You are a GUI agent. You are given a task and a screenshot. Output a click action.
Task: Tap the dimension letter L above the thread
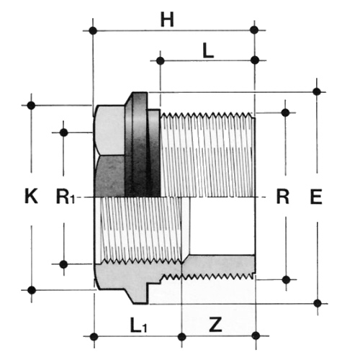(x=208, y=51)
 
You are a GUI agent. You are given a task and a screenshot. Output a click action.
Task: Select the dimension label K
(x=31, y=196)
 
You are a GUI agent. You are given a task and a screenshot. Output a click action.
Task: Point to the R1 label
(x=66, y=196)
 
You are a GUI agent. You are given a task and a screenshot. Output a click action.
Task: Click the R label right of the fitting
(x=283, y=196)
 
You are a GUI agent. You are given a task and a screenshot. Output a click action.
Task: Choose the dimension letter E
(x=316, y=197)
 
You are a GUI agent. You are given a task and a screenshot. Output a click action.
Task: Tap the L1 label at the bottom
(x=138, y=325)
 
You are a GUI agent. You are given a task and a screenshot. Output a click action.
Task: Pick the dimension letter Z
(x=215, y=325)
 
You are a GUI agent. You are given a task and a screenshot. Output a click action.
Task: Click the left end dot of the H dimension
(x=93, y=30)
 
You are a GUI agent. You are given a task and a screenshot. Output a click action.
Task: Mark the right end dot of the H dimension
(x=254, y=30)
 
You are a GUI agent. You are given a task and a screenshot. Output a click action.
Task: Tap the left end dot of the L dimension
(x=161, y=60)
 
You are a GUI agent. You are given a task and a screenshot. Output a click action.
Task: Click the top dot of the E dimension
(x=317, y=91)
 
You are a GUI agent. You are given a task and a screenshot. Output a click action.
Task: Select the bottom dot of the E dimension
(x=318, y=303)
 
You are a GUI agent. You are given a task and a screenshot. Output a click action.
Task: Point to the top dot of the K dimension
(x=31, y=105)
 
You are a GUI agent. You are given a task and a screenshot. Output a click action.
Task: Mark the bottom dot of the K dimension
(x=32, y=290)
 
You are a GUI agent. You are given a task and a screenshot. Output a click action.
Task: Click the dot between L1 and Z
(x=182, y=336)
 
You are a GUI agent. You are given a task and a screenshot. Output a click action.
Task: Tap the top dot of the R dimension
(x=285, y=112)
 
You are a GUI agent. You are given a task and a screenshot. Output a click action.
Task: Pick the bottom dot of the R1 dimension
(x=63, y=264)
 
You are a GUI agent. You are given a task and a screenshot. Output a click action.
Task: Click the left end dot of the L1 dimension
(x=94, y=336)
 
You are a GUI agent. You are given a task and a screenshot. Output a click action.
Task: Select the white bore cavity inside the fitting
(x=222, y=225)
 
